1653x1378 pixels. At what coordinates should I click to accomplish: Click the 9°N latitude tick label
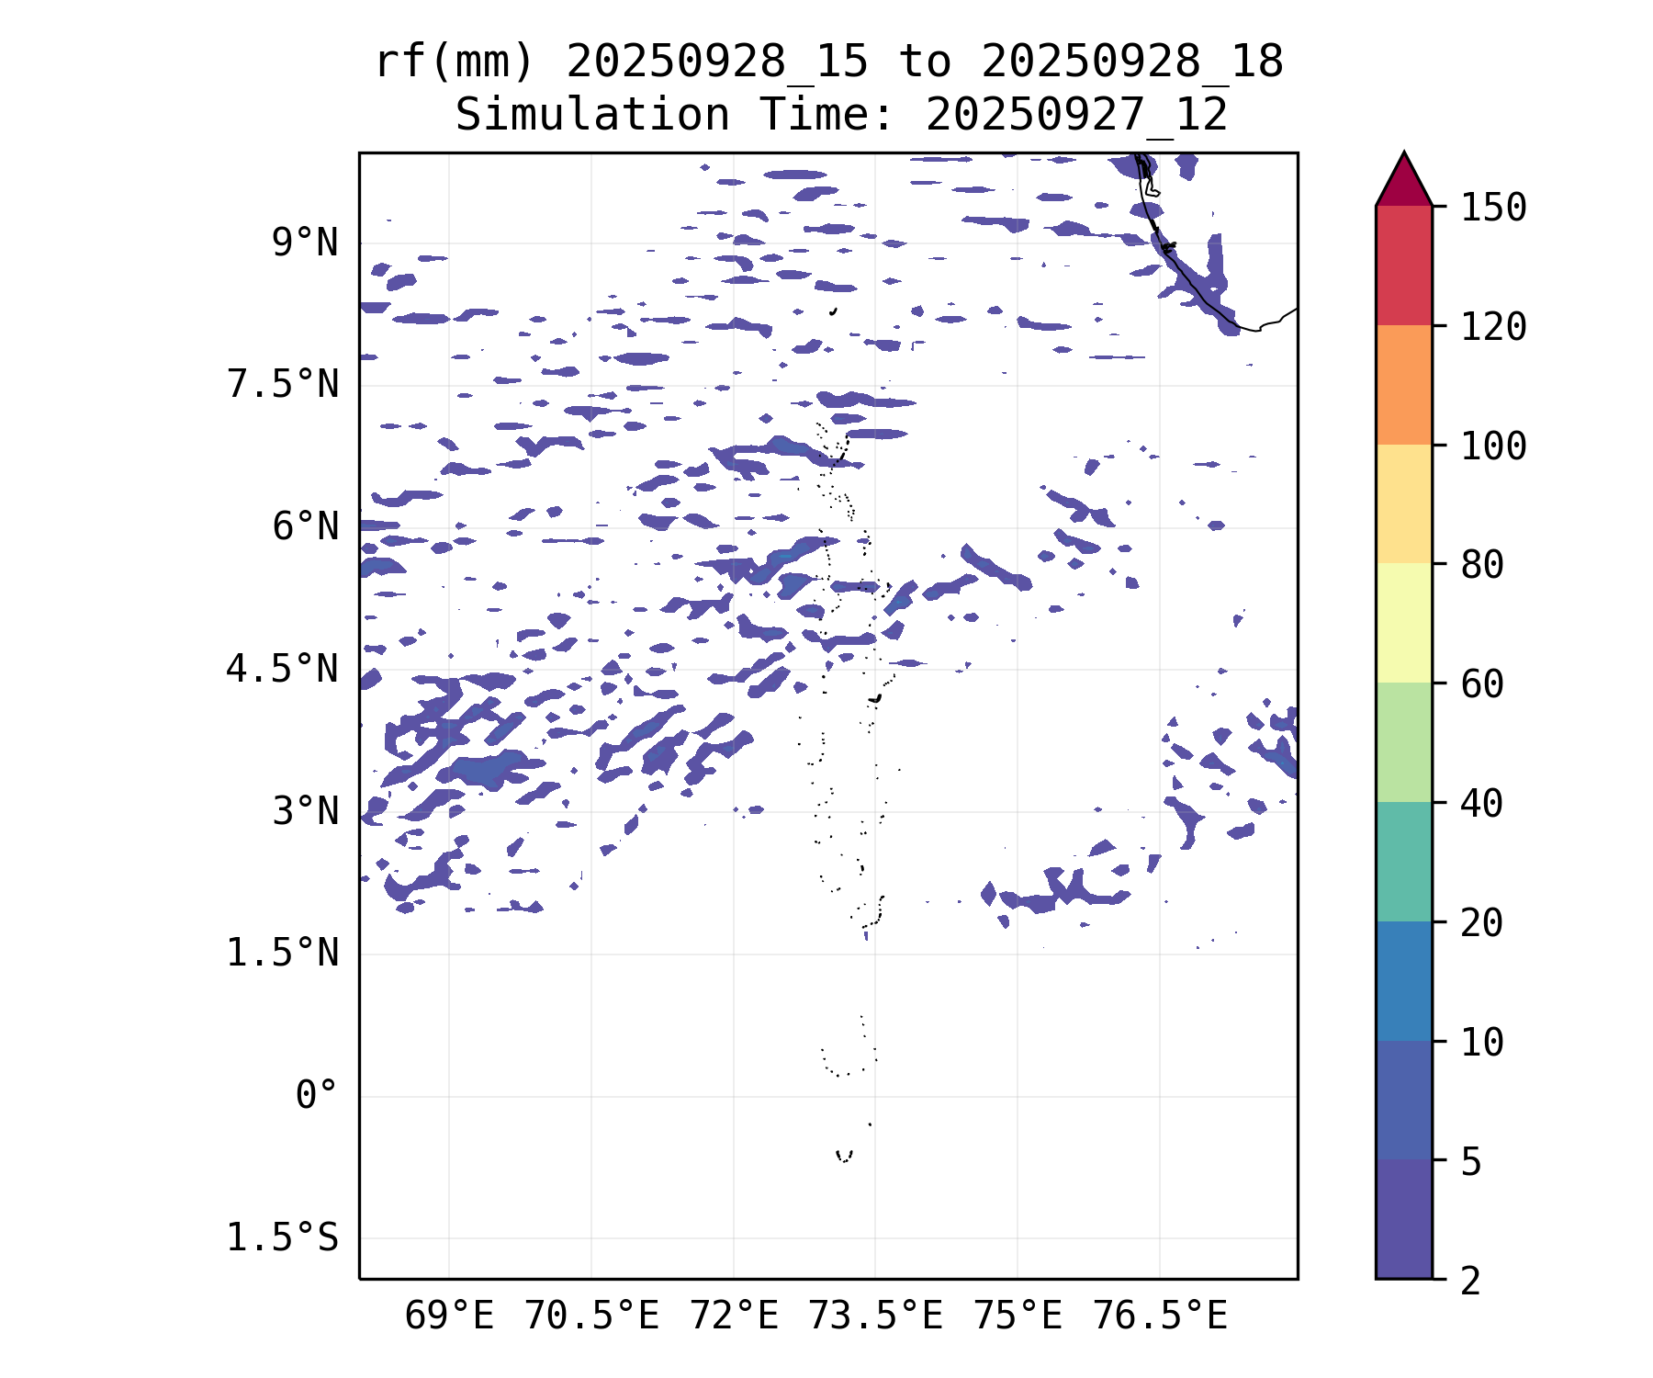[304, 243]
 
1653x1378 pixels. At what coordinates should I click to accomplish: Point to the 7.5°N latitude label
[283, 385]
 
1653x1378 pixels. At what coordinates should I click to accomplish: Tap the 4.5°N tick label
[283, 670]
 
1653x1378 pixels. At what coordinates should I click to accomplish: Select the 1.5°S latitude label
[283, 1238]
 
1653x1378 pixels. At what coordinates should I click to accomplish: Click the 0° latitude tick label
[316, 1096]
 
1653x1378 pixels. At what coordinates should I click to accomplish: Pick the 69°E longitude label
[449, 1316]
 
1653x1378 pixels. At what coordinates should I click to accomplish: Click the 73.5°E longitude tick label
[875, 1316]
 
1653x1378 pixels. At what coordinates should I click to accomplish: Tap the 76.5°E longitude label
[1160, 1316]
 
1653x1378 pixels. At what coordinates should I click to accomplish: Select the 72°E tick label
[734, 1316]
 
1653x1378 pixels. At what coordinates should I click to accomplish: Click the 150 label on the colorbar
[1493, 208]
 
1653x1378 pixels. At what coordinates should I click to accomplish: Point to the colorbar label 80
[1482, 565]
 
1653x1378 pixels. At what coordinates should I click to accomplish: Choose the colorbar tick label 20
[1482, 923]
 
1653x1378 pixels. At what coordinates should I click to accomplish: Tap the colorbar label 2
[1471, 1281]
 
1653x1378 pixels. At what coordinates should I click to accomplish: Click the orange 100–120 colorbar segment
[1403, 385]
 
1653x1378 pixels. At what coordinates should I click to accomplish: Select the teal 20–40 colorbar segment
[1403, 862]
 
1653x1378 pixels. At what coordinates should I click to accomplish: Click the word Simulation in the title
[592, 116]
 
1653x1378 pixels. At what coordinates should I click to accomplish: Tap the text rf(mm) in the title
[455, 62]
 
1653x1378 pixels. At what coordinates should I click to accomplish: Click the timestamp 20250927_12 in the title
[1076, 116]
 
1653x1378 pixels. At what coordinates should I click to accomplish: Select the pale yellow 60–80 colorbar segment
[1403, 623]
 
